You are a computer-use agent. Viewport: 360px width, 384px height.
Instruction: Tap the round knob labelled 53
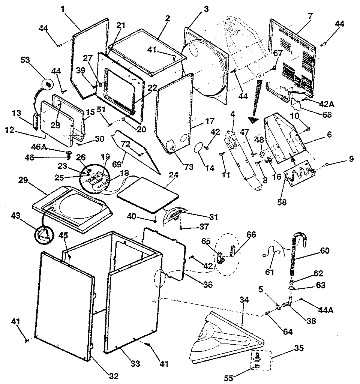[48, 85]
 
